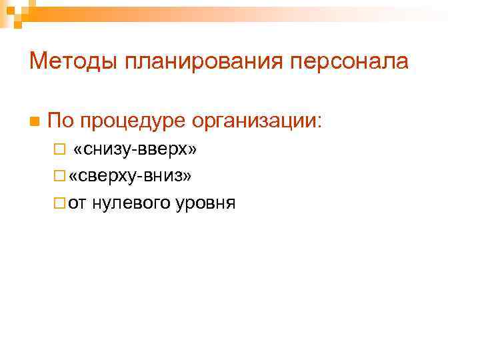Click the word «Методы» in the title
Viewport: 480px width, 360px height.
point(64,62)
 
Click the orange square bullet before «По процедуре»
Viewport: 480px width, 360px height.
point(33,122)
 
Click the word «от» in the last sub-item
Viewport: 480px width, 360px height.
point(77,203)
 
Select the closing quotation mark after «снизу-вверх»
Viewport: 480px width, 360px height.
point(192,151)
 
